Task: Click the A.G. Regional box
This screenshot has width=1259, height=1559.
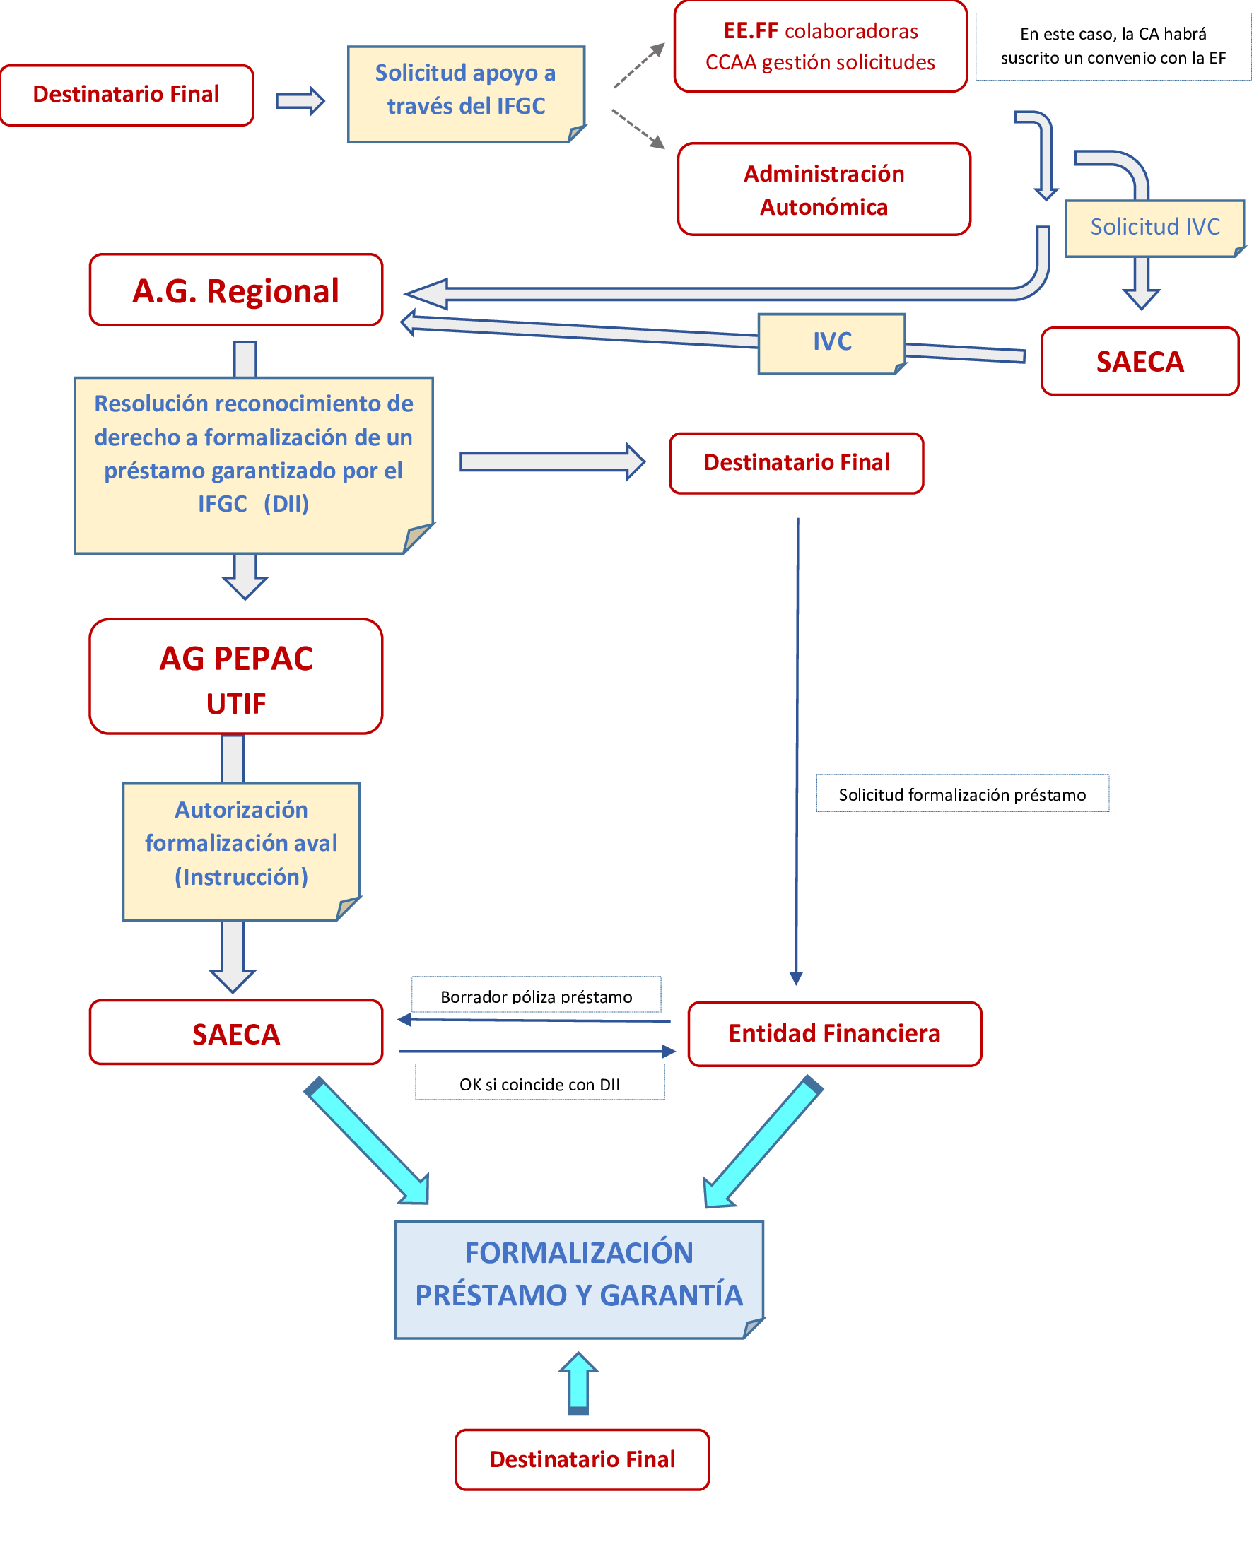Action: (x=235, y=290)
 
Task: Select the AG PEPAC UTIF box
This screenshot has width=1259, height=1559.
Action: (x=235, y=676)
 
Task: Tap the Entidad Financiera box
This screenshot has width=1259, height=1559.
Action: (x=834, y=1034)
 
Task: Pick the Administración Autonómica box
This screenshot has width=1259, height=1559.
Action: (x=824, y=189)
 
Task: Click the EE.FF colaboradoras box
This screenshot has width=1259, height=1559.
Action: (x=820, y=47)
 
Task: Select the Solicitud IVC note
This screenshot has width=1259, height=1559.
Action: (x=1154, y=228)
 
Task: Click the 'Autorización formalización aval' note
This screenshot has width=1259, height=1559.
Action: (x=241, y=844)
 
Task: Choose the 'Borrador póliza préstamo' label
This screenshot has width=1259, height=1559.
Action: (x=536, y=997)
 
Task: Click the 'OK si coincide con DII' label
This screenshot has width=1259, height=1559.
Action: (x=539, y=1085)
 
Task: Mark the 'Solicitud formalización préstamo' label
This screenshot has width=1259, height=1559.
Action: (x=962, y=795)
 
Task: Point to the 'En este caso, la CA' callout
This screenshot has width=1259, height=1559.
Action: (x=1113, y=46)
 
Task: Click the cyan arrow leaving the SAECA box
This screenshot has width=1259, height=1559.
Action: (x=366, y=1140)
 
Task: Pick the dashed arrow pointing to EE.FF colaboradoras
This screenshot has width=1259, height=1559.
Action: (x=639, y=65)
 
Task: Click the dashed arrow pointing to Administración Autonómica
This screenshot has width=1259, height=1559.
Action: (x=639, y=129)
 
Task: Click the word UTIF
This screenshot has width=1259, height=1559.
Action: (x=235, y=704)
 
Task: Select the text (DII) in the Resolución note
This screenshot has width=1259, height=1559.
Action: (x=286, y=504)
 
